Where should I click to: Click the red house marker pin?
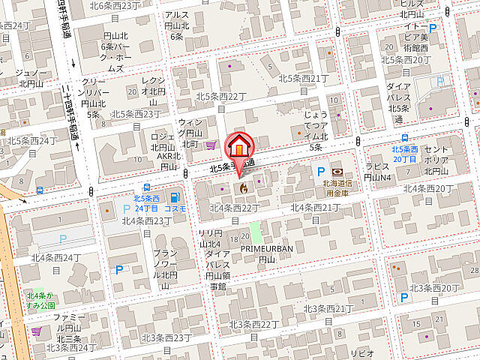tap(239, 145)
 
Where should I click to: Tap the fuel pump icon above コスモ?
tap(175, 197)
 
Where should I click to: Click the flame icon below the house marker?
tap(242, 187)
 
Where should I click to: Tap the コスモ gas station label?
tap(175, 209)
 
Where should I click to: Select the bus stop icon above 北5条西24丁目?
tap(147, 188)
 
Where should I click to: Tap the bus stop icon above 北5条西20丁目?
tap(405, 138)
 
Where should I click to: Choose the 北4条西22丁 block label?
tap(235, 207)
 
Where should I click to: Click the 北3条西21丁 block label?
tap(328, 308)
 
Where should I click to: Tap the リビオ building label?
tap(364, 353)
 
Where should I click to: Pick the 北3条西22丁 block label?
tap(253, 324)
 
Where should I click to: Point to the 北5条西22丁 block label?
tap(221, 96)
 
